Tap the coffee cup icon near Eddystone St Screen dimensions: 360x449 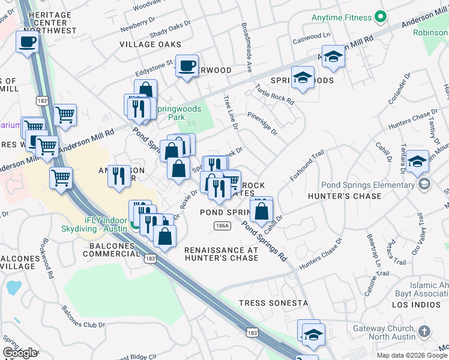click(187, 65)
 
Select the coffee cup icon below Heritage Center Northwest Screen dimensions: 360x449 click(27, 43)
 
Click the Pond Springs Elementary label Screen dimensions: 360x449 click(368, 185)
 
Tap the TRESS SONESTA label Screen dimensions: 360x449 click(273, 303)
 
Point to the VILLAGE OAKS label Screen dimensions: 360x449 click(150, 44)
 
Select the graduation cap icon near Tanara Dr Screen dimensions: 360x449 click(417, 162)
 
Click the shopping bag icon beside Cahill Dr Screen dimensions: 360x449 click(261, 211)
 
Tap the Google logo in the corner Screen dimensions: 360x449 click(19, 353)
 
